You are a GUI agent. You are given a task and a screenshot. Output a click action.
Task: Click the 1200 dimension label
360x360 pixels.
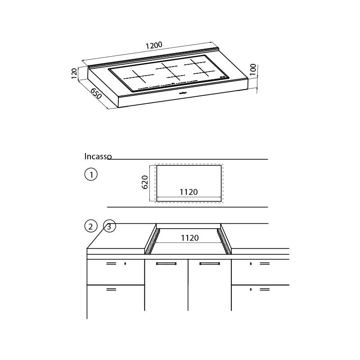pos(154,46)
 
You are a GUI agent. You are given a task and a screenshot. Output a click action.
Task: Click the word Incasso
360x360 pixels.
pos(98,157)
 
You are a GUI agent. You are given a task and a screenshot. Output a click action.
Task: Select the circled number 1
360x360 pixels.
pos(91,174)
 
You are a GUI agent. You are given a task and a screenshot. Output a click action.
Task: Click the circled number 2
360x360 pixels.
pos(91,226)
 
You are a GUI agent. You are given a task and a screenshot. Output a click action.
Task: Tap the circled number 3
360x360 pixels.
pos(109,226)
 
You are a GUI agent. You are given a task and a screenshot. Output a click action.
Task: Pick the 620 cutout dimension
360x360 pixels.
pos(145,182)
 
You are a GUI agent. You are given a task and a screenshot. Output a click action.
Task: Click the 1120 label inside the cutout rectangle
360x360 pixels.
pos(189,192)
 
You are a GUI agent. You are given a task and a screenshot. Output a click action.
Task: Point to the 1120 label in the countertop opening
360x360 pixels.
pos(190,238)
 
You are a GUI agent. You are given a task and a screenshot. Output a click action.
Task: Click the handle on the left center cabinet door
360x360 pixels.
pos(166,264)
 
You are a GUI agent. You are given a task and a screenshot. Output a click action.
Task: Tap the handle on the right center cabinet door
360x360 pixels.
pos(209,264)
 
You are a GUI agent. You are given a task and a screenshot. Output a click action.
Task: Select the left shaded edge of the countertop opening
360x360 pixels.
pos(152,242)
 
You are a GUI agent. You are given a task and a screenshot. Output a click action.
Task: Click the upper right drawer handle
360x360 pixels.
pos(265,263)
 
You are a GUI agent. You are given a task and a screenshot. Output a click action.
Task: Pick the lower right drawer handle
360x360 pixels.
pos(265,290)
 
